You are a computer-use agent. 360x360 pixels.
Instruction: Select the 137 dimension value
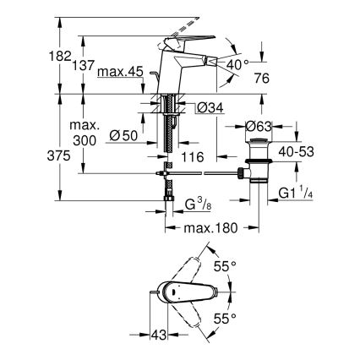pos(71,65)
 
